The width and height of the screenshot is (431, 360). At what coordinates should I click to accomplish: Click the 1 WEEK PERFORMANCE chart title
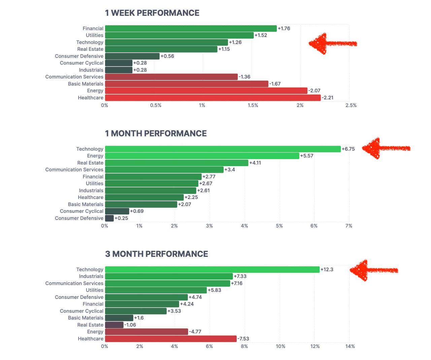click(x=152, y=13)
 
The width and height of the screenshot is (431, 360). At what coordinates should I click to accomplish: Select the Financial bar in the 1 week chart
click(x=191, y=29)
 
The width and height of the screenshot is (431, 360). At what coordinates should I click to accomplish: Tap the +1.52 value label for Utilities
click(x=261, y=35)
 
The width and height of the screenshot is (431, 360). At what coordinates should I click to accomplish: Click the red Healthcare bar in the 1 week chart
click(x=213, y=98)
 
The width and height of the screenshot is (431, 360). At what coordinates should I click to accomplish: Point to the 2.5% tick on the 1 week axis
click(x=351, y=105)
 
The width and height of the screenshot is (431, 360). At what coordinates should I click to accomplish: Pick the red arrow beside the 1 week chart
click(x=332, y=43)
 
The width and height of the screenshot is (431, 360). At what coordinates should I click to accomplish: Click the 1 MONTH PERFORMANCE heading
click(x=156, y=134)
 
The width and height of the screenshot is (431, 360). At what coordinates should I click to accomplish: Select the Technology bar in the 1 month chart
click(x=223, y=149)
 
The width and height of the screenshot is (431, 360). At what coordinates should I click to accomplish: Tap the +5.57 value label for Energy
click(x=307, y=156)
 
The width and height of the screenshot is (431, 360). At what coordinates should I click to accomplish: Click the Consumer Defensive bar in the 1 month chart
click(x=109, y=218)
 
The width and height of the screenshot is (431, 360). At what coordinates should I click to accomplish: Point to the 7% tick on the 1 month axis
click(x=349, y=226)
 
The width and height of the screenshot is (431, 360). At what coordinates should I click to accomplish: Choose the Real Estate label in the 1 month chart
click(x=90, y=163)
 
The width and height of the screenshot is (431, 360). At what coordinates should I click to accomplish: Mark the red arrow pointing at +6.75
click(x=386, y=148)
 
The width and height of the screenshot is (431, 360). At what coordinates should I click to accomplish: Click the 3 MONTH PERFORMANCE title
click(x=157, y=254)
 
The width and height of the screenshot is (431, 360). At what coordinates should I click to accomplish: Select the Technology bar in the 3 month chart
click(x=212, y=269)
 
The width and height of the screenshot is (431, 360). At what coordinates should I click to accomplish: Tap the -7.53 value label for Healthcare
click(x=243, y=339)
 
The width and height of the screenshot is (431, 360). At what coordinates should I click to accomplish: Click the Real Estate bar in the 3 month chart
click(x=114, y=325)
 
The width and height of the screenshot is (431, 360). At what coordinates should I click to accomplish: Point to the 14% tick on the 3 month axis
click(x=350, y=347)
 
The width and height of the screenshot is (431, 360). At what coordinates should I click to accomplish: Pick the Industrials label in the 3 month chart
click(x=91, y=276)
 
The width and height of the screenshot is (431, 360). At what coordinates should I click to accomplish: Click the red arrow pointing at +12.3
click(x=373, y=270)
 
